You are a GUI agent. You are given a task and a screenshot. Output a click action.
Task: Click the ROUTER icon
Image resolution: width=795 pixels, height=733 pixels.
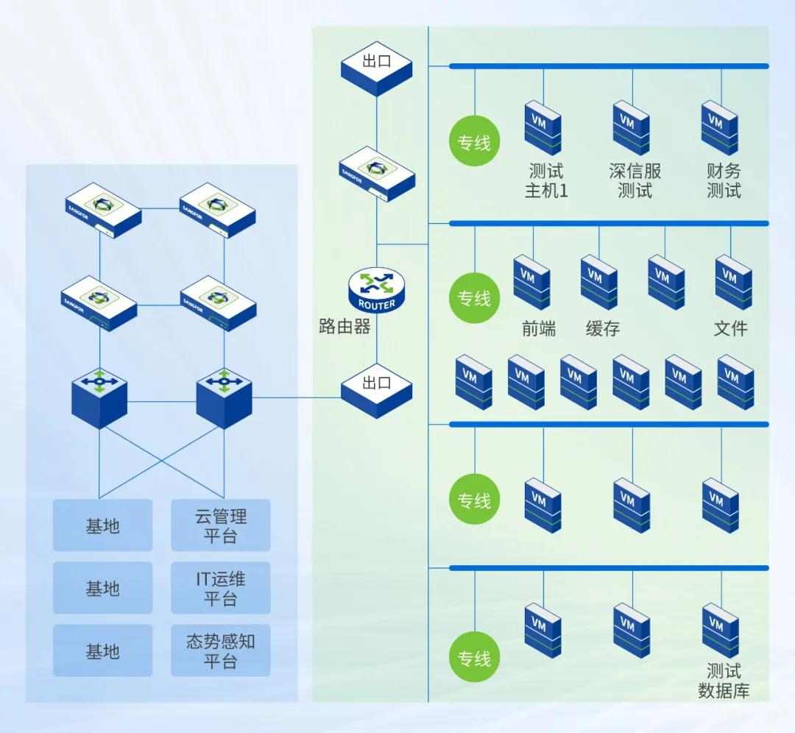376,289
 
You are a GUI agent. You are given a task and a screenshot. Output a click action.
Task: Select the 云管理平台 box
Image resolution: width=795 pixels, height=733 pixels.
221,525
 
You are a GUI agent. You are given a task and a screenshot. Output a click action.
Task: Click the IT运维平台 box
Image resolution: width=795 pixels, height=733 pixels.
221,588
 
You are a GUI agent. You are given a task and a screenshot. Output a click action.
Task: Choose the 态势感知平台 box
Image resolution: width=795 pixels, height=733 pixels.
221,651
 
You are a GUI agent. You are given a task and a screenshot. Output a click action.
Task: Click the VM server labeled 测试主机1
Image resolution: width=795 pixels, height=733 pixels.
543,128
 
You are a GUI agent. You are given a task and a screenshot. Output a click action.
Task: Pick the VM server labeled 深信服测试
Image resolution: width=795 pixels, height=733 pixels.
631,128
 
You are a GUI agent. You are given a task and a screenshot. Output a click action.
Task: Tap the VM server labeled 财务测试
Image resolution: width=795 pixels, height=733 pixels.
719,128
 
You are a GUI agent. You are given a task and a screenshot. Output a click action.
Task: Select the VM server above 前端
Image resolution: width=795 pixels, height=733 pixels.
531,282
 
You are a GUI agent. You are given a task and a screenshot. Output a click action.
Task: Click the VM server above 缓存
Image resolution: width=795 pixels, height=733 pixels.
598,282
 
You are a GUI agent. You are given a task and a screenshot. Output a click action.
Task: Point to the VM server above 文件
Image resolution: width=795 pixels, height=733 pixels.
732,282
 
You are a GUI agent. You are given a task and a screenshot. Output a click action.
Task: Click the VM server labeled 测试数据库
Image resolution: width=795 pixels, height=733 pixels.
719,630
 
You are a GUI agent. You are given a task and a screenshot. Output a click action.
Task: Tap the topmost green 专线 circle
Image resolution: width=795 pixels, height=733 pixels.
474,141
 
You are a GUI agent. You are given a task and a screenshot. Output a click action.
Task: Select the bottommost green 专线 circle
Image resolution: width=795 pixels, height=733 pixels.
474,658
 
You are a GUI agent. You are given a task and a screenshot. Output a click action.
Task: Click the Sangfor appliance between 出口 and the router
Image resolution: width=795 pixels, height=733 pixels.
376,175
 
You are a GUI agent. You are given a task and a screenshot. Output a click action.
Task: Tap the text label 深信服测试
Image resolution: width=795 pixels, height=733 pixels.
635,181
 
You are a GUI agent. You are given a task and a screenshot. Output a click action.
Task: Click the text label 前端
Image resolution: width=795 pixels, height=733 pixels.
539,329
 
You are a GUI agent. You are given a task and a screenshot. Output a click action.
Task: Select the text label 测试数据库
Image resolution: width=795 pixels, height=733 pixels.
723,681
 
